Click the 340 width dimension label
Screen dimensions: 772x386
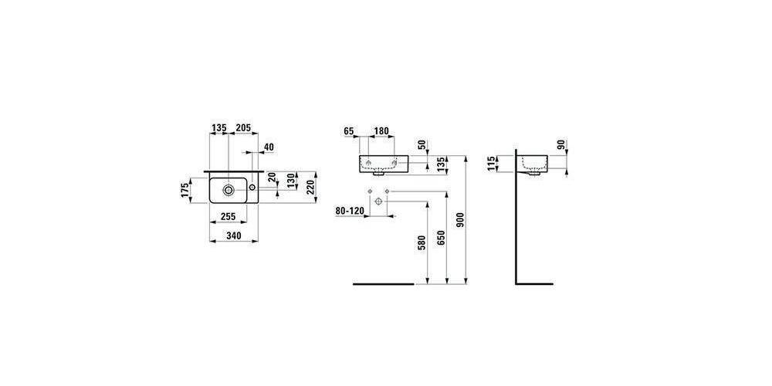(x=233, y=235)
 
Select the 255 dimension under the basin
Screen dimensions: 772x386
(x=228, y=216)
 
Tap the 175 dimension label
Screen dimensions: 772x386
(x=185, y=191)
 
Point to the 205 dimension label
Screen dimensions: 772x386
(x=243, y=128)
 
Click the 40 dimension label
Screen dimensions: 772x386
(x=269, y=147)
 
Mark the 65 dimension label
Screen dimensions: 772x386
(x=349, y=131)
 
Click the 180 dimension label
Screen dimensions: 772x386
(x=381, y=131)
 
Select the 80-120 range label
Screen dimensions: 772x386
(x=350, y=211)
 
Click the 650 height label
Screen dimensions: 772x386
(x=441, y=239)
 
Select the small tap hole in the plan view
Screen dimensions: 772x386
(x=252, y=187)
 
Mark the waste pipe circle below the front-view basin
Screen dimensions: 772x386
(x=378, y=201)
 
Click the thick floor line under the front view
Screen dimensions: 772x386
(x=384, y=284)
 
